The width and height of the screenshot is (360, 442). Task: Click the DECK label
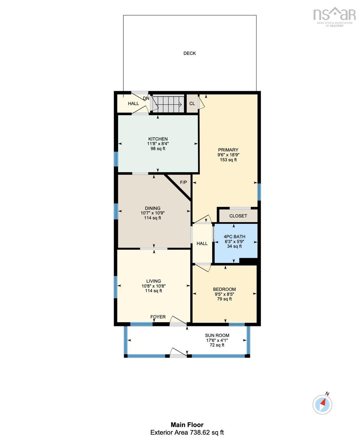(x=189, y=53)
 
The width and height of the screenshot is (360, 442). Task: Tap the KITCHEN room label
(x=158, y=139)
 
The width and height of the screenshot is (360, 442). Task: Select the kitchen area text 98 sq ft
(x=158, y=148)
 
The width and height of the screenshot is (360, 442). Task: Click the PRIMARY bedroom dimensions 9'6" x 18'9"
(x=228, y=155)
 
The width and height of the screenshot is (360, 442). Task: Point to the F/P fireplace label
(x=183, y=182)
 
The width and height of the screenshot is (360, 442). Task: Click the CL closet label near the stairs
(x=192, y=103)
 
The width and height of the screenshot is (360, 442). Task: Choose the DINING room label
(x=153, y=208)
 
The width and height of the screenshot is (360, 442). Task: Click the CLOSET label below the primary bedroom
(x=238, y=216)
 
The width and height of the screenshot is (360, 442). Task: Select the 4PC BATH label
(x=234, y=237)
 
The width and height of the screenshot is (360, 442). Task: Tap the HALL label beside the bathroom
(x=202, y=243)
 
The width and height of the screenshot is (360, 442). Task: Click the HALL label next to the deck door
(x=133, y=103)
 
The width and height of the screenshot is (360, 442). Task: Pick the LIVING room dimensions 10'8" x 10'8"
(x=154, y=286)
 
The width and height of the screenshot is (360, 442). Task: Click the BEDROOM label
(x=224, y=289)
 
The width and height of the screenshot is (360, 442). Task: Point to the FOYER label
(x=158, y=317)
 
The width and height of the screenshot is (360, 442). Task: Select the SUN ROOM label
(x=217, y=335)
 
